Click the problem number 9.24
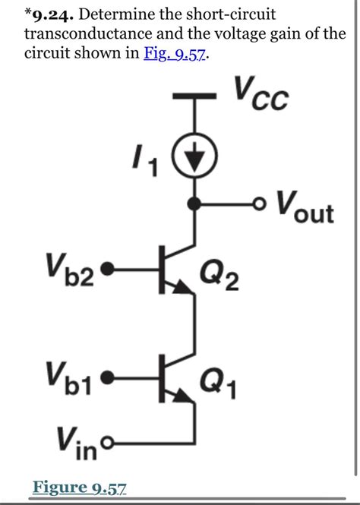(52, 14)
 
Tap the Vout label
(304, 207)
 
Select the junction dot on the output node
(195, 204)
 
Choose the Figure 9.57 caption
(79, 487)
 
